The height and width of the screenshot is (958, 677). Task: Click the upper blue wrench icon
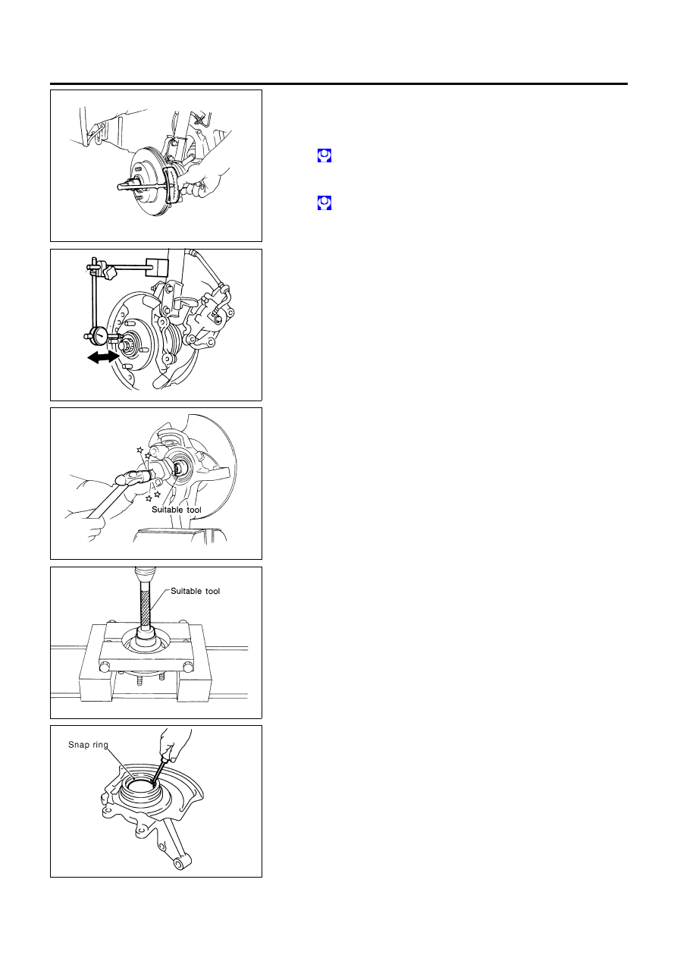coord(324,155)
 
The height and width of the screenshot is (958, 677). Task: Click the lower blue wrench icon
coord(324,203)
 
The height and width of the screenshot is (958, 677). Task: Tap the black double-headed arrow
coord(103,357)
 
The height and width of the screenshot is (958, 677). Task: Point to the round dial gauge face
coord(100,335)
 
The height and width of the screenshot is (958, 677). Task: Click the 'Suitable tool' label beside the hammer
coord(176,510)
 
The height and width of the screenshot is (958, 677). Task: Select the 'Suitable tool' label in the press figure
coord(195,591)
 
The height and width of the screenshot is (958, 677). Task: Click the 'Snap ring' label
coord(88,745)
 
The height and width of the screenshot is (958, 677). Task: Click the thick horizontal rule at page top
coord(338,84)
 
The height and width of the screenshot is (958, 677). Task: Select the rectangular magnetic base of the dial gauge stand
coord(157,267)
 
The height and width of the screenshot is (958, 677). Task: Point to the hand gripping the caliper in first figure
coord(205,179)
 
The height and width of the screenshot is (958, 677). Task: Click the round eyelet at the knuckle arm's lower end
coord(180,865)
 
